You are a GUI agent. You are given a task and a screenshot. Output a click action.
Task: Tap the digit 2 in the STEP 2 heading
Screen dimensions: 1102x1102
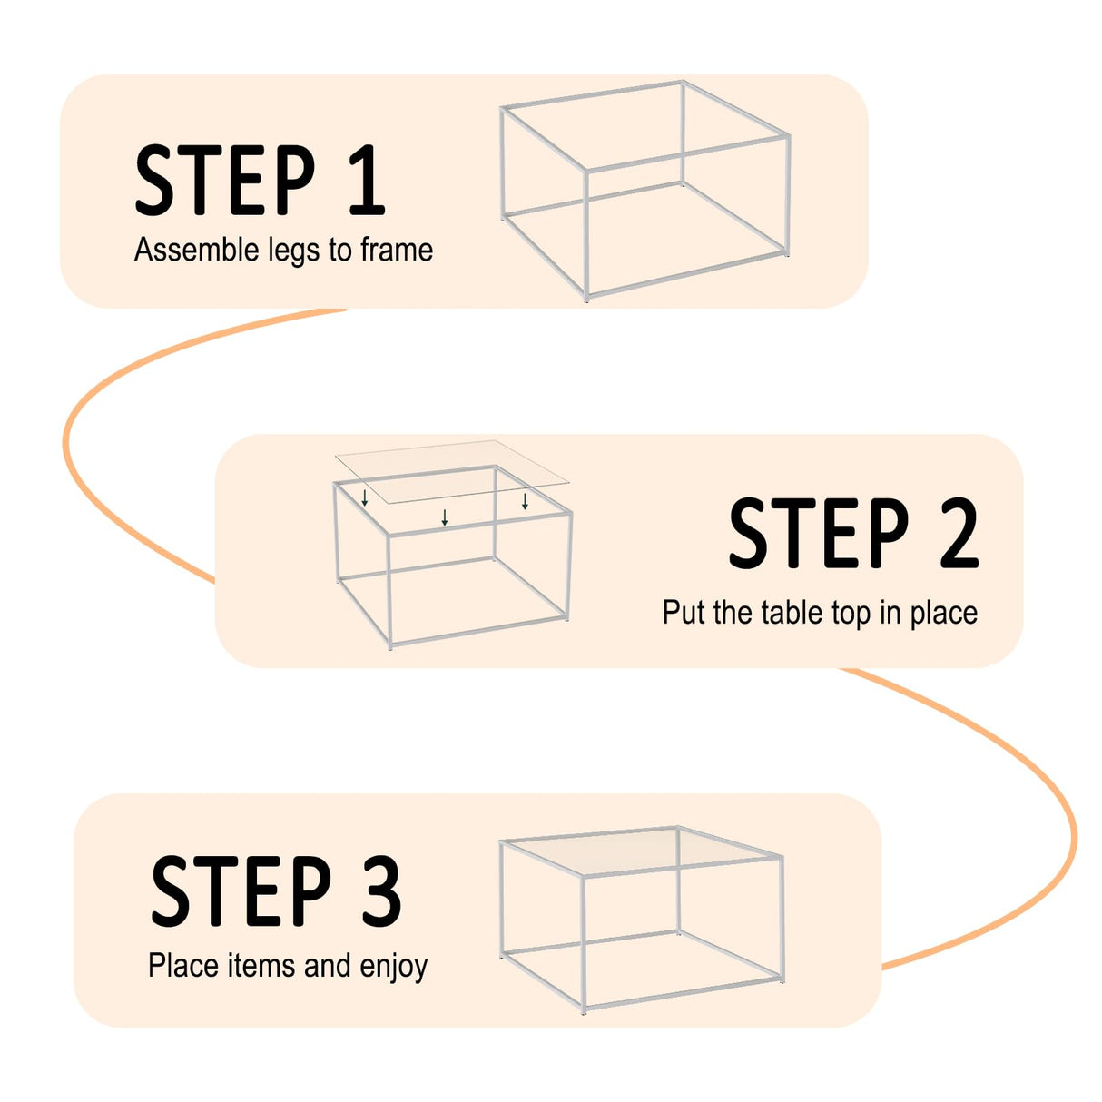[959, 534]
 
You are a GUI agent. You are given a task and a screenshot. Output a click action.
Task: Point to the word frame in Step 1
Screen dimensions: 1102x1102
[397, 250]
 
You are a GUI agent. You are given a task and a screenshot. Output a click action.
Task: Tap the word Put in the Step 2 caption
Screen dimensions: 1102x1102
[683, 613]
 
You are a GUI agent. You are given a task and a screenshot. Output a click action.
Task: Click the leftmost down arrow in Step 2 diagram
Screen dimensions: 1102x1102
[365, 497]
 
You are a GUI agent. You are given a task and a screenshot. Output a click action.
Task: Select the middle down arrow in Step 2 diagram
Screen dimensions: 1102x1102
[445, 517]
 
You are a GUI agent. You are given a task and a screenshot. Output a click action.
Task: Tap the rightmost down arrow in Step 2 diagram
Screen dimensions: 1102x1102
[525, 500]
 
